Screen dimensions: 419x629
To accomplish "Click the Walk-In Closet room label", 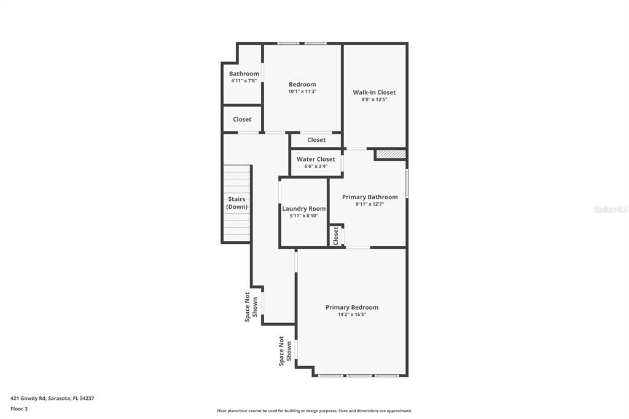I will point(374,92).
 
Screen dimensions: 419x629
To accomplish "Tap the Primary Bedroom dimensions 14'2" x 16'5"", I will point(352,315).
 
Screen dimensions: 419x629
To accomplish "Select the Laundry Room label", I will point(304,208).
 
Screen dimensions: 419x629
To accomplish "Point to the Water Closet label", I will point(316,159).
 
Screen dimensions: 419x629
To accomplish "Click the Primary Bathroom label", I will point(370,197).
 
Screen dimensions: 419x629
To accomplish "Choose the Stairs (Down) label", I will point(236,203).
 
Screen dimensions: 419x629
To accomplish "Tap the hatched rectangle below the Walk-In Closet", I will point(391,154).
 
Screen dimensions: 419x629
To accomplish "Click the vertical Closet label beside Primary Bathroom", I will point(336,236).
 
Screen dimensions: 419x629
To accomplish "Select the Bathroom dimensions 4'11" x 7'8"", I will point(244,80).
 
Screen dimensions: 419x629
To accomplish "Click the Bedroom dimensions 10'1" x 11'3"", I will point(302,92).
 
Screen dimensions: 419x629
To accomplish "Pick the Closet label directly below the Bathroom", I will point(242,119).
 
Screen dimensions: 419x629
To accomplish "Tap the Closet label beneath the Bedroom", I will point(316,140).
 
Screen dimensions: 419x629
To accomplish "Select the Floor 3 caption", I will point(19,409).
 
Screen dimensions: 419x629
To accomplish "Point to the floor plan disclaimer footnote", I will point(314,411).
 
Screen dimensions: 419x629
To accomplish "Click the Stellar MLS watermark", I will point(610,209).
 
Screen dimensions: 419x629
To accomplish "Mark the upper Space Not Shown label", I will point(251,307).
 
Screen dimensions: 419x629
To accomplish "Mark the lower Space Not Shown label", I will point(285,351).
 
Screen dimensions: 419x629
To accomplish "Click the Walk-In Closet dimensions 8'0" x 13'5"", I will point(374,100).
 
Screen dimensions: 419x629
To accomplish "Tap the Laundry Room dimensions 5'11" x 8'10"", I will point(304,216).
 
